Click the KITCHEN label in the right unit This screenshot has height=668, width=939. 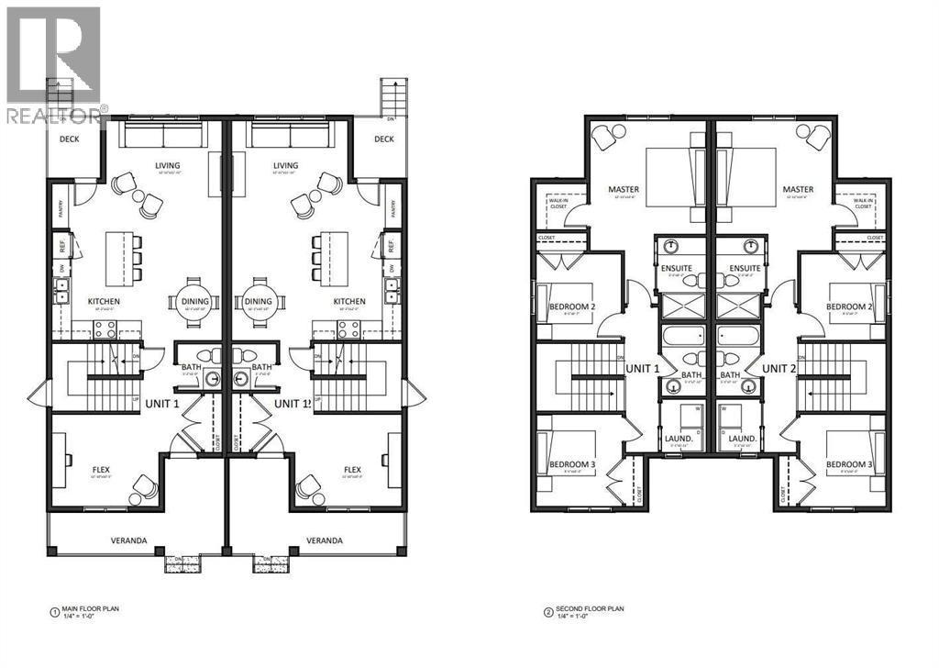(348, 301)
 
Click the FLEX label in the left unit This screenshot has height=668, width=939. (101, 470)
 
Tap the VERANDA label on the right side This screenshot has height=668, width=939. (325, 540)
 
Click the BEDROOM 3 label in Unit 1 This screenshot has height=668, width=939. (572, 464)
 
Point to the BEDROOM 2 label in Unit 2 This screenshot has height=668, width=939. (849, 306)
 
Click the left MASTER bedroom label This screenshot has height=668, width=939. (624, 191)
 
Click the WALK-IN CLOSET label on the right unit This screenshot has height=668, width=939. (863, 204)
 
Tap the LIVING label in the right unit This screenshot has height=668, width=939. (285, 166)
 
